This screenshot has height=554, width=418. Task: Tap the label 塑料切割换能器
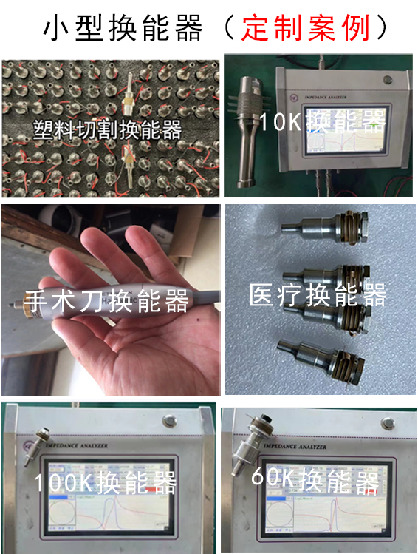pos(108,130)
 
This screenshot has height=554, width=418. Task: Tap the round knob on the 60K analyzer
pos(388,422)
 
